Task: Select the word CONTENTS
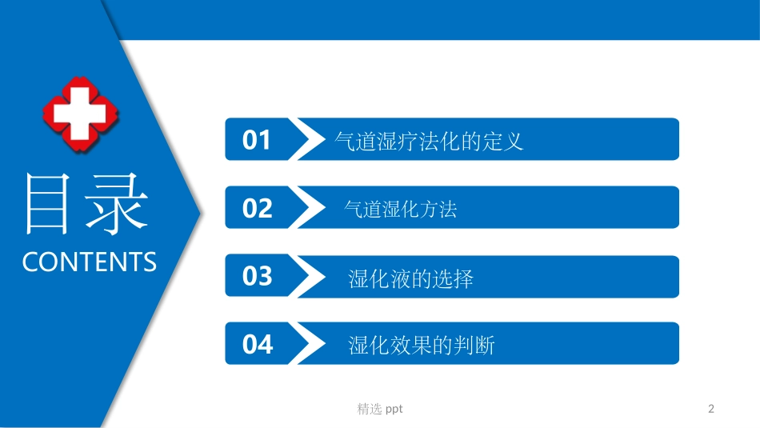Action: pos(89,262)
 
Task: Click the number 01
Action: pos(257,141)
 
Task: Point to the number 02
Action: pos(257,209)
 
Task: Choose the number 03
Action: pos(257,277)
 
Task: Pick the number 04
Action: pos(257,345)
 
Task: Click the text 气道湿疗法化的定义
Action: pos(428,142)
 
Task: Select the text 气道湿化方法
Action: pos(400,210)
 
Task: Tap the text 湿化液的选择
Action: pos(410,278)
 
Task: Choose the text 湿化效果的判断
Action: pos(422,346)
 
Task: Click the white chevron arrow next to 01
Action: pos(307,140)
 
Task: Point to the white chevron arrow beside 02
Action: pos(307,208)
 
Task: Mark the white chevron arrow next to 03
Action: pos(307,277)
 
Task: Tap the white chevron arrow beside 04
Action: pos(307,344)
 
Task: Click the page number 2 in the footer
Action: pos(711,409)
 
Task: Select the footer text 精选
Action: pos(370,409)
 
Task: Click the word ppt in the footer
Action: pos(394,410)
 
